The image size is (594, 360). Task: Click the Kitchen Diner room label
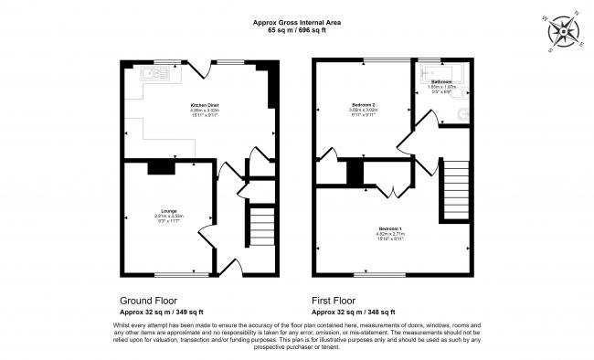pyautogui.click(x=202, y=105)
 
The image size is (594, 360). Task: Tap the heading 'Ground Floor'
pyautogui.click(x=149, y=301)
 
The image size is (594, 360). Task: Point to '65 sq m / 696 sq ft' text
pyautogui.click(x=297, y=30)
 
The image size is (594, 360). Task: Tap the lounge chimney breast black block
pyautogui.click(x=162, y=165)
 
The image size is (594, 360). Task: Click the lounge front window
pyautogui.click(x=174, y=274)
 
